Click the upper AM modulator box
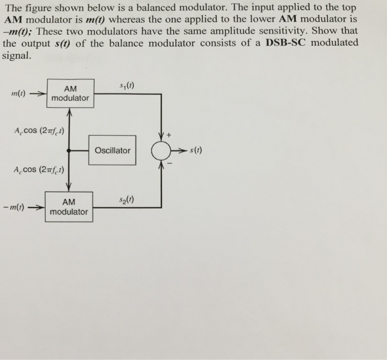pyautogui.click(x=70, y=93)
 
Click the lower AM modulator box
pyautogui.click(x=69, y=207)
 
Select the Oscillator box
pyautogui.click(x=112, y=150)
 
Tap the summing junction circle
pyautogui.click(x=161, y=150)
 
